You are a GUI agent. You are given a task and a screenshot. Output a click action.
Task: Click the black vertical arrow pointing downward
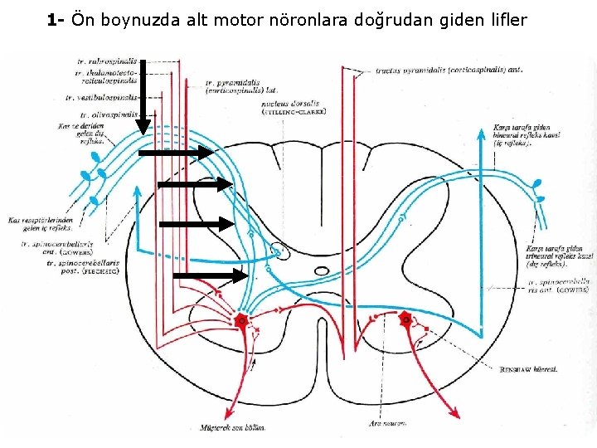coord(143,95)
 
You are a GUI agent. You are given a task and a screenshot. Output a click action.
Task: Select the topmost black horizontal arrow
coord(176,153)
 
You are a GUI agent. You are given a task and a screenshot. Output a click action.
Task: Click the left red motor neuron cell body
coord(242,320)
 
